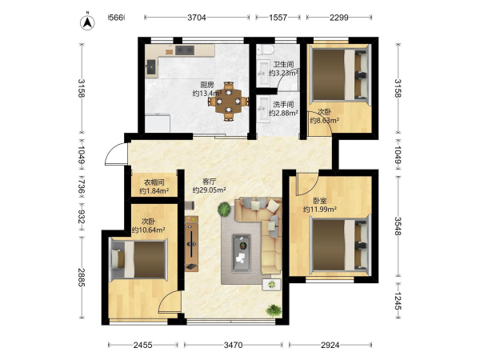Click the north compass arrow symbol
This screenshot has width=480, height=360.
coord(87,22)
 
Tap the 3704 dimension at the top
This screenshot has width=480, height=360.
coord(197,18)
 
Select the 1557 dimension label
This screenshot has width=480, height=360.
coord(278,18)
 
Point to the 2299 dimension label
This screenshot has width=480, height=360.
coord(339,18)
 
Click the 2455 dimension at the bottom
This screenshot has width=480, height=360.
coord(143,345)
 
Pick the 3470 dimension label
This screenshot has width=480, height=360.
coord(234,345)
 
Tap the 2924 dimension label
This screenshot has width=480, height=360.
coord(330,345)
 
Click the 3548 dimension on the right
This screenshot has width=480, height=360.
coord(398,226)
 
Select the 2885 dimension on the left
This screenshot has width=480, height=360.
coord(82,278)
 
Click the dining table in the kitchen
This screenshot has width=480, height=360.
coord(229,101)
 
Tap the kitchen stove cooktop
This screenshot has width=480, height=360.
coord(185,50)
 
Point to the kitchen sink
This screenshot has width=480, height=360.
coord(151,67)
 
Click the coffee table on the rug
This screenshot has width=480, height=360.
coord(242,253)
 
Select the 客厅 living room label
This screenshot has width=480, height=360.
coord(209,182)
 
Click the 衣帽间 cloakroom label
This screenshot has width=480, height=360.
coord(154,182)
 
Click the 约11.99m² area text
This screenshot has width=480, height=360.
coord(320,210)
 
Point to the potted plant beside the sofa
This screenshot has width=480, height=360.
coord(224,210)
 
